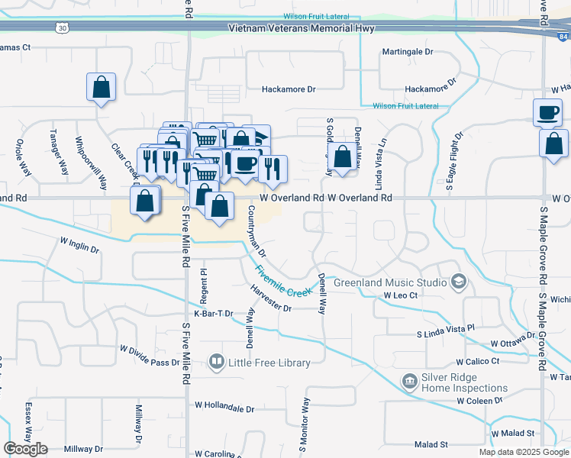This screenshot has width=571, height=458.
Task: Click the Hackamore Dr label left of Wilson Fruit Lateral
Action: (289, 89)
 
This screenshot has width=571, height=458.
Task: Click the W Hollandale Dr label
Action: (224, 409)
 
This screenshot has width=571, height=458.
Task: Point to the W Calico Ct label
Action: (478, 361)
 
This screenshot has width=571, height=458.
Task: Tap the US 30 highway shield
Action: (60, 27)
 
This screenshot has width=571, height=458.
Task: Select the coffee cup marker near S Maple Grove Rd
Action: (548, 112)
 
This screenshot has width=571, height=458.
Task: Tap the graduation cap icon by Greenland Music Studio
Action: (458, 282)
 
